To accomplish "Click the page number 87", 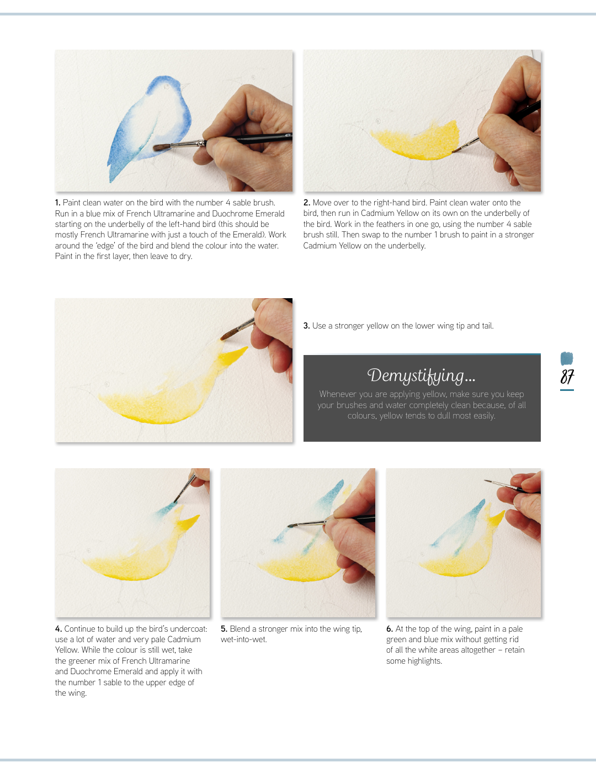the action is click(x=567, y=377).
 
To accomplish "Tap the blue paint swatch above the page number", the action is click(x=567, y=358).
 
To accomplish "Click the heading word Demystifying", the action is click(x=416, y=375).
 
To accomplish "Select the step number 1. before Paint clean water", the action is click(x=57, y=203).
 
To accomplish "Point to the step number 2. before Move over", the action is click(x=307, y=203).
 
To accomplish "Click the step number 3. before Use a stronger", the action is click(x=306, y=326).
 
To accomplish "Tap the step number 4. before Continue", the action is click(x=58, y=628).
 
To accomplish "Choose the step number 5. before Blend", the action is click(x=224, y=628).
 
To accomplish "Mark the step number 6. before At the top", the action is click(x=390, y=628).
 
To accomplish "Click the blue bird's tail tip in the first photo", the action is click(x=111, y=181).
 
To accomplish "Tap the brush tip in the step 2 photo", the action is click(x=453, y=152).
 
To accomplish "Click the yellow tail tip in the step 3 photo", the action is click(x=247, y=348).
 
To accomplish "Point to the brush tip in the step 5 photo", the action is click(x=289, y=526).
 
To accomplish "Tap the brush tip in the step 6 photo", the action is click(x=485, y=480).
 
